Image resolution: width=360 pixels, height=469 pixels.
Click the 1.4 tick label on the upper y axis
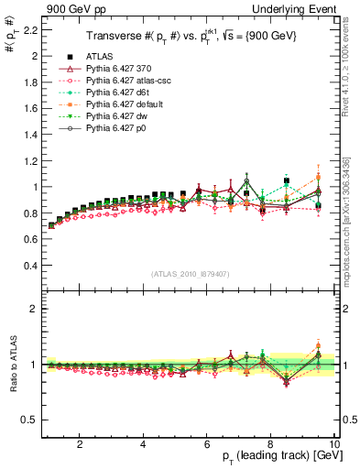pos(29,134)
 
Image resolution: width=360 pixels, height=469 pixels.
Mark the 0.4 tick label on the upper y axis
pos(29,266)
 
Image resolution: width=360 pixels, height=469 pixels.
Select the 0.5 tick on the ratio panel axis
pos(29,420)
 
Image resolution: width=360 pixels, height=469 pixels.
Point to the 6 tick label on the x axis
pos(207,444)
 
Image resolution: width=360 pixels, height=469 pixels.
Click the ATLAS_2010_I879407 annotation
pos(190,274)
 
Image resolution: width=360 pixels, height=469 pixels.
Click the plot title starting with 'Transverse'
pos(190,38)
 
